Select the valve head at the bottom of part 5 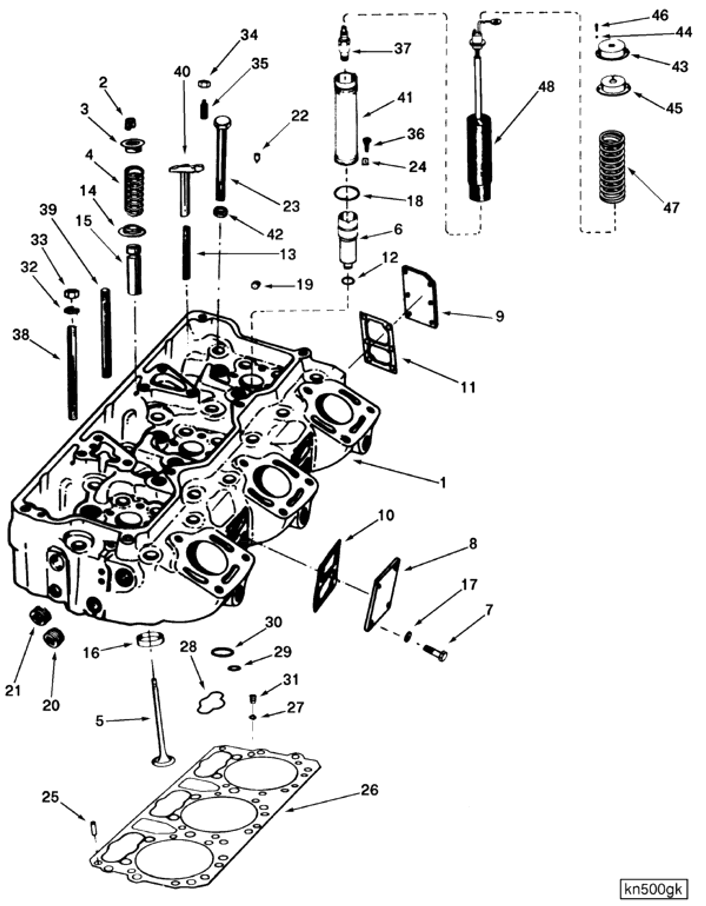pyautogui.click(x=163, y=761)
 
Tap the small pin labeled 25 pyautogui.click(x=93, y=828)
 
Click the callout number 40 pyautogui.click(x=182, y=72)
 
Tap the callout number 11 pyautogui.click(x=468, y=387)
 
